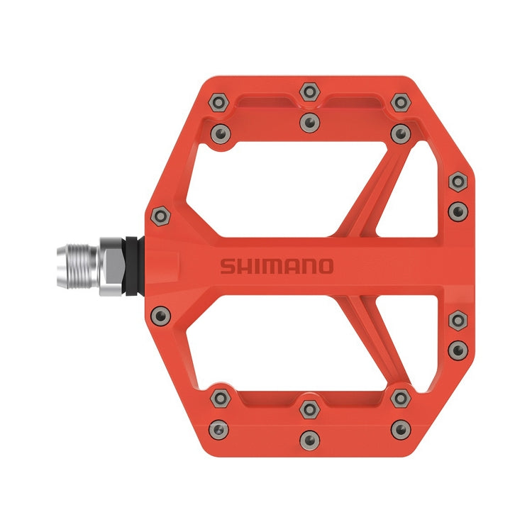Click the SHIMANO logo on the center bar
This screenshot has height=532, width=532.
point(276,266)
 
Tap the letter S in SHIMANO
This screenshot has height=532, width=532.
point(226,267)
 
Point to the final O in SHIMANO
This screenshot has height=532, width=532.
point(325,266)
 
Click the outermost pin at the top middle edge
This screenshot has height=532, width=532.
point(309,92)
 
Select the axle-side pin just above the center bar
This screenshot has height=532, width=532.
point(160,214)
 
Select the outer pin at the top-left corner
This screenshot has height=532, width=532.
point(219,103)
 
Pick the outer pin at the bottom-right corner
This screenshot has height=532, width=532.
point(401,428)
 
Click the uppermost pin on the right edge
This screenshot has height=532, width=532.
point(458,182)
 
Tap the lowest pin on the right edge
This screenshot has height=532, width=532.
point(458,348)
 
